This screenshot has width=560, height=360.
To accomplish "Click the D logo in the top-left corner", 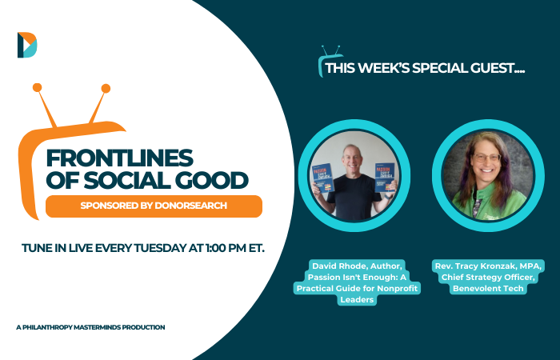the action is pyautogui.click(x=27, y=45).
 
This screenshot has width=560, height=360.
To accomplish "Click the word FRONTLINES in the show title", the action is pyautogui.click(x=120, y=158).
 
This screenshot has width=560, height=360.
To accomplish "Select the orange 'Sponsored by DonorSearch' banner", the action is pyautogui.click(x=154, y=206).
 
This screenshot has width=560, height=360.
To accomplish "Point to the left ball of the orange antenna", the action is pyautogui.click(x=37, y=87).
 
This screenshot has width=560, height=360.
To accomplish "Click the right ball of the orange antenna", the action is pyautogui.click(x=106, y=89).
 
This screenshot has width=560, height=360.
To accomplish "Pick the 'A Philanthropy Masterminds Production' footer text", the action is pyautogui.click(x=90, y=327).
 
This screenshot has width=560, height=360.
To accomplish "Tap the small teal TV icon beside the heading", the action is pyautogui.click(x=330, y=61).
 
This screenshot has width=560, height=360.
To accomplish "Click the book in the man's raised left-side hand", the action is pyautogui.click(x=323, y=178).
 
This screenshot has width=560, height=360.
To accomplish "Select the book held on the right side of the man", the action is pyautogui.click(x=385, y=177).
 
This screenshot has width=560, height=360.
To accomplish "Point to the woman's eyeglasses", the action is pyautogui.click(x=486, y=158).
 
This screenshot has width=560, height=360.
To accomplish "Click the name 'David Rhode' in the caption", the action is pyautogui.click(x=339, y=266).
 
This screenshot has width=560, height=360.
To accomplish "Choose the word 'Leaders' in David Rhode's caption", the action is pyautogui.click(x=357, y=300).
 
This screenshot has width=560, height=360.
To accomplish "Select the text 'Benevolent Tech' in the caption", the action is pyautogui.click(x=488, y=289).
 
